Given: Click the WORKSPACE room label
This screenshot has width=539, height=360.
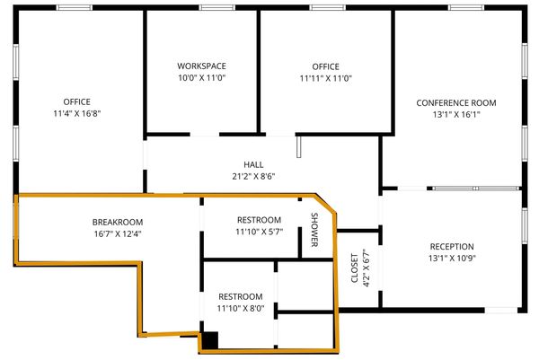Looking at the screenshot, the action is tap(201, 66).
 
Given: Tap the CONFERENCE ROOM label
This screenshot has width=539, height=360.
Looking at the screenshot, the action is tap(456, 102).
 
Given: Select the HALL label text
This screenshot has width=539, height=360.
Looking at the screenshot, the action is tap(253, 164).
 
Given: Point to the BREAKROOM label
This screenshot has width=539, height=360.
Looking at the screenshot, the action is tap(118, 222).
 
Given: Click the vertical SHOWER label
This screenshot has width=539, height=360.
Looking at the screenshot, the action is tap(314, 230).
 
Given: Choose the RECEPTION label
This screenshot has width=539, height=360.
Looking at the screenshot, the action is tap(452, 246).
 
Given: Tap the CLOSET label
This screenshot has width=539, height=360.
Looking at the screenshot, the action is tap(355, 268).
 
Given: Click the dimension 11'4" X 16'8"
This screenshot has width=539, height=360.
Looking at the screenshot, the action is tap(77, 113).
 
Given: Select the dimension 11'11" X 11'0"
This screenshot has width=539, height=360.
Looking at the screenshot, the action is tap(325, 78).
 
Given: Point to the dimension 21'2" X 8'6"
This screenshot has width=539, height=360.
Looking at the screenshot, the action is tap(253, 177).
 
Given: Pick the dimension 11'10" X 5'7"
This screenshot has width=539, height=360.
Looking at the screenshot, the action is tap(260, 232).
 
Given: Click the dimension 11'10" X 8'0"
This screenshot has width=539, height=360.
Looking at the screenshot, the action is tap(241, 309).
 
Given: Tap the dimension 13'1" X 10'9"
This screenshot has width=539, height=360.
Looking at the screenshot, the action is tap(452, 258).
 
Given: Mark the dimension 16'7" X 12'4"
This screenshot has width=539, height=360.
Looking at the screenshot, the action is tap(118, 234).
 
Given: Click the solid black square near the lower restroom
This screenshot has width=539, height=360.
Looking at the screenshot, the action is tap(209, 340).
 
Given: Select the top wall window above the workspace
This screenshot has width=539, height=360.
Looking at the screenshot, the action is tap(216, 7).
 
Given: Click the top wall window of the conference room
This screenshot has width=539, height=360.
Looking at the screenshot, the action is tap(466, 7).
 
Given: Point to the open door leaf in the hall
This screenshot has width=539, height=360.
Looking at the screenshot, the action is tap(299, 146).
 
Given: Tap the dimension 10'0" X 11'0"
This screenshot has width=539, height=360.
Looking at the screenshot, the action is tap(201, 77).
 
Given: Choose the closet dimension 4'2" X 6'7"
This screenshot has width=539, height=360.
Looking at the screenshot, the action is tap(367, 268).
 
